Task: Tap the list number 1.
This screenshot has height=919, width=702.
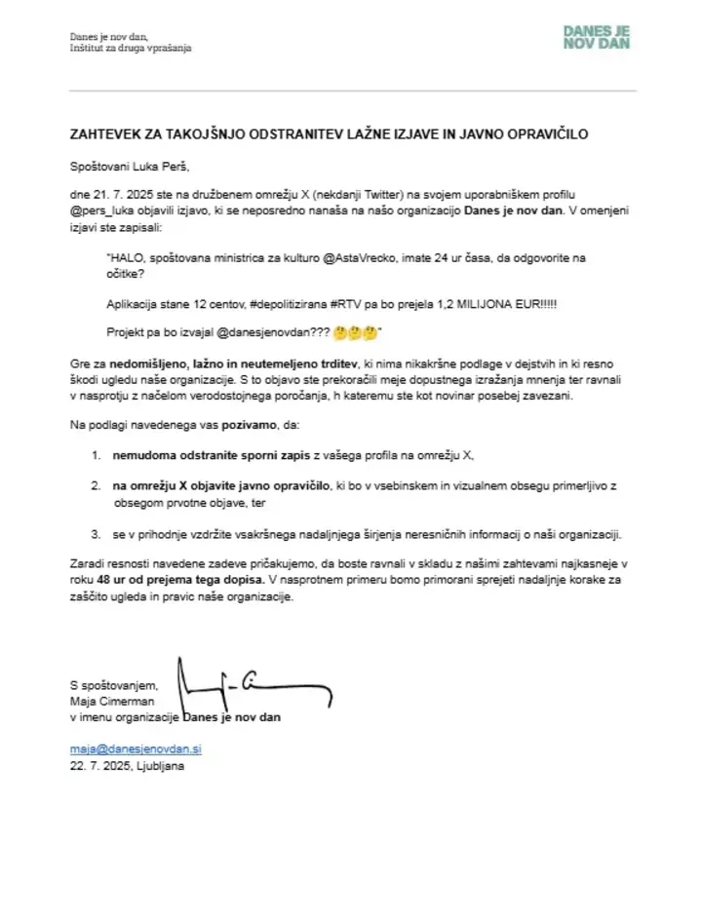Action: (x=96, y=456)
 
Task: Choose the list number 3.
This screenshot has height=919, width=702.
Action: (x=96, y=534)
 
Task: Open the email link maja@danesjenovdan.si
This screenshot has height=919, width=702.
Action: (x=136, y=748)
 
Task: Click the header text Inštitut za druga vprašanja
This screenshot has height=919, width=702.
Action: (x=131, y=48)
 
